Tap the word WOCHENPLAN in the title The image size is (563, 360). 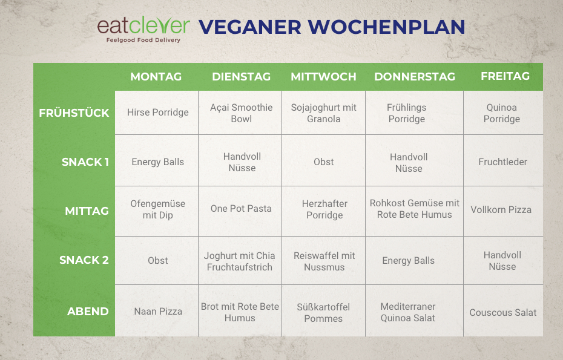coord(386,27)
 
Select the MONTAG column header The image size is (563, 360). coord(156,76)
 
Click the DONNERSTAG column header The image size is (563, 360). coord(415,76)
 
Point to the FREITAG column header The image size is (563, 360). coord(505,76)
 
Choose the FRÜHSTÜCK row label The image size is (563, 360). coord(74,113)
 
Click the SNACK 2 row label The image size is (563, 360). coord(84,260)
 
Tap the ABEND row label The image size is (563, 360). coord(88,311)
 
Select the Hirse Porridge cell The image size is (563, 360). coord(157,113)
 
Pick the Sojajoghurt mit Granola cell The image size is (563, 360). coord(323,113)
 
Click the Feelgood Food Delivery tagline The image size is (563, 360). coord(143,40)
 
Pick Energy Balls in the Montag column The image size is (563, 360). coord(157,162)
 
